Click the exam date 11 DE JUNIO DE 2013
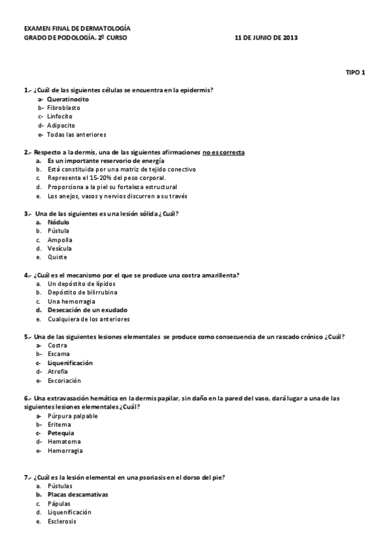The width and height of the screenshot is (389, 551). click(x=266, y=38)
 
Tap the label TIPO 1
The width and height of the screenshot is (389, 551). click(x=355, y=72)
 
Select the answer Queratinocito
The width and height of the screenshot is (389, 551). click(x=68, y=99)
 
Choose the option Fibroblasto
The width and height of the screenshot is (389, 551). click(x=65, y=108)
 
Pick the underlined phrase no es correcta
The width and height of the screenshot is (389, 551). click(x=223, y=152)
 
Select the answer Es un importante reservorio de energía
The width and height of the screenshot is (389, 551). click(x=105, y=160)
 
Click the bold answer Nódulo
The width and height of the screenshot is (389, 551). click(x=58, y=222)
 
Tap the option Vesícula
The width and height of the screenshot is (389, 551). click(x=60, y=248)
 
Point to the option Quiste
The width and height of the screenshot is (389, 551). click(x=57, y=257)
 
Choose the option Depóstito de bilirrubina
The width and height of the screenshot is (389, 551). click(x=82, y=292)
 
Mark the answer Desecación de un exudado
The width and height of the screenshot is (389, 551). click(x=87, y=310)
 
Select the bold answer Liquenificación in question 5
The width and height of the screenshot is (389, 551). click(x=70, y=363)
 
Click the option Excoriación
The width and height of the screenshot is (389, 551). click(x=64, y=381)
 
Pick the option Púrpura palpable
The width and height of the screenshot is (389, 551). click(x=73, y=416)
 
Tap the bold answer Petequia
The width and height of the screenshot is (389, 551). click(x=60, y=433)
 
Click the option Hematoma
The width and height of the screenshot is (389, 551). click(x=62, y=442)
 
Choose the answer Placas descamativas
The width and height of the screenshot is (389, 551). click(x=77, y=494)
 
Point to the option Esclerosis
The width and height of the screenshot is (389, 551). click(x=62, y=521)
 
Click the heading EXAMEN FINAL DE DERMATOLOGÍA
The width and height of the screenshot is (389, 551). click(x=77, y=29)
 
